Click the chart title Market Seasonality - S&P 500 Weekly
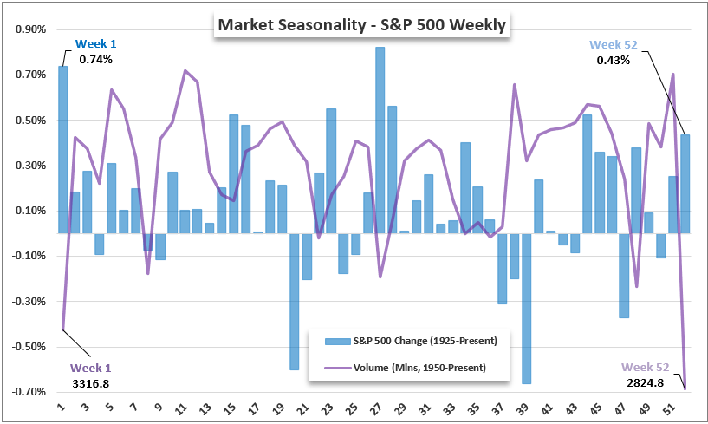362,25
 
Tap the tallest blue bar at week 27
380,140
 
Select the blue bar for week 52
685,184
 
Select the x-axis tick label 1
62,407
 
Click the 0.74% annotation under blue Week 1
95,60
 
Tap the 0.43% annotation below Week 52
614,61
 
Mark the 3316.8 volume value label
90,382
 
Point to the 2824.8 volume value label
644,382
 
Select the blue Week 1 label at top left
96,43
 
